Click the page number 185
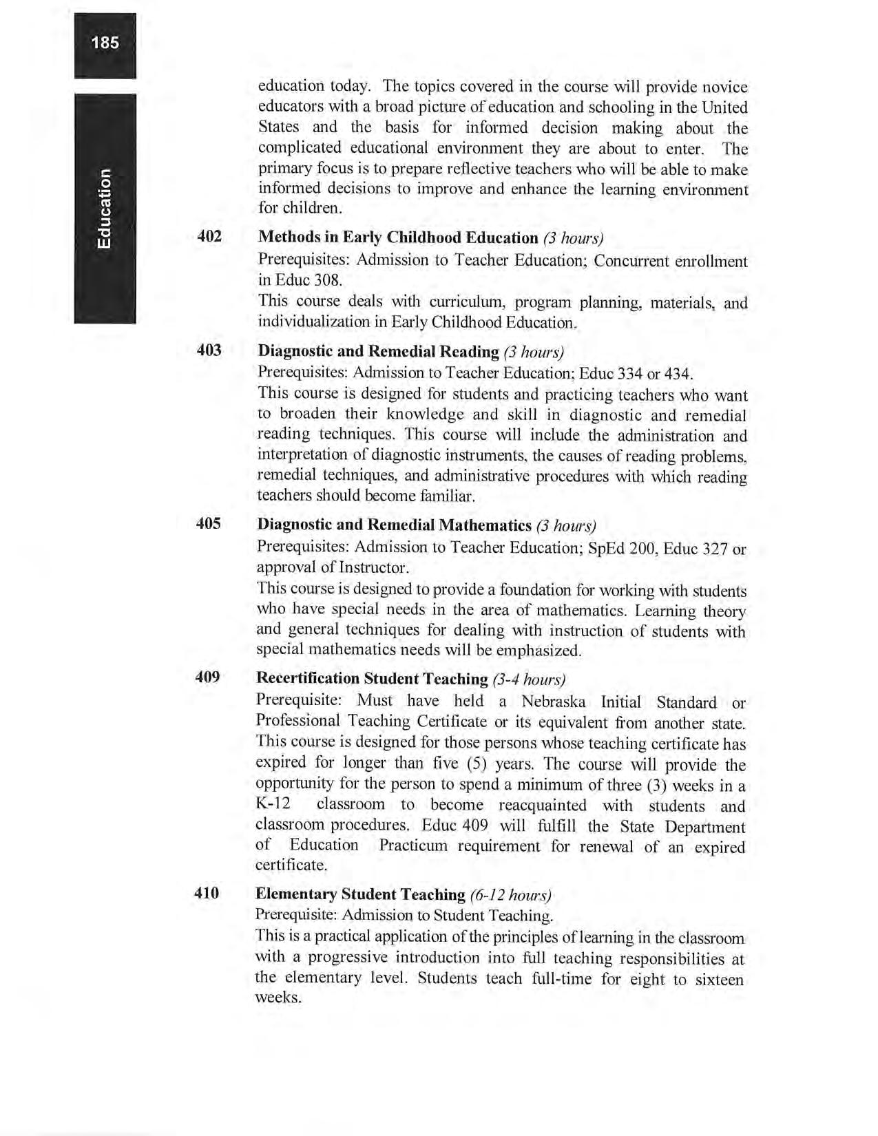pos(105,43)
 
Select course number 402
pos(209,236)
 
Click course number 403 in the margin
pos(209,350)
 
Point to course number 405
pos(209,523)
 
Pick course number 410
pos(207,893)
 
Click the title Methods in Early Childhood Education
pos(397,238)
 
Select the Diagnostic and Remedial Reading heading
pos(378,351)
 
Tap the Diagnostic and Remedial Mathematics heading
pos(394,525)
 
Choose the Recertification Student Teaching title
pos(371,678)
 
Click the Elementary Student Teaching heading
pos(360,894)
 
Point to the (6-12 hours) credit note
pos(510,895)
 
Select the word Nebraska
pos(554,702)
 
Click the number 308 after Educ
pos(328,280)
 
